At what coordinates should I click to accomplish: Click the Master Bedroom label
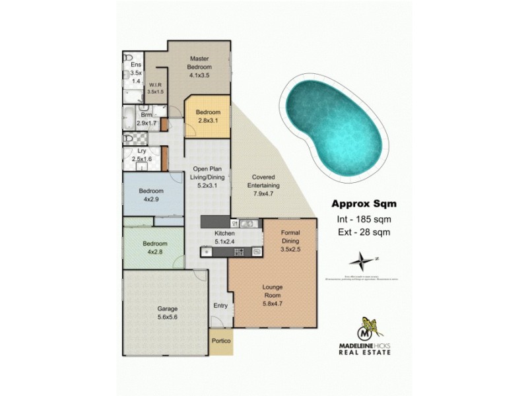(x=199, y=67)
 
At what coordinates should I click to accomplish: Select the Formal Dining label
(x=290, y=242)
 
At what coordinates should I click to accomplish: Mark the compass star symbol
(x=360, y=257)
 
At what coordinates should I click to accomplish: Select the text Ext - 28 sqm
(x=360, y=232)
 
